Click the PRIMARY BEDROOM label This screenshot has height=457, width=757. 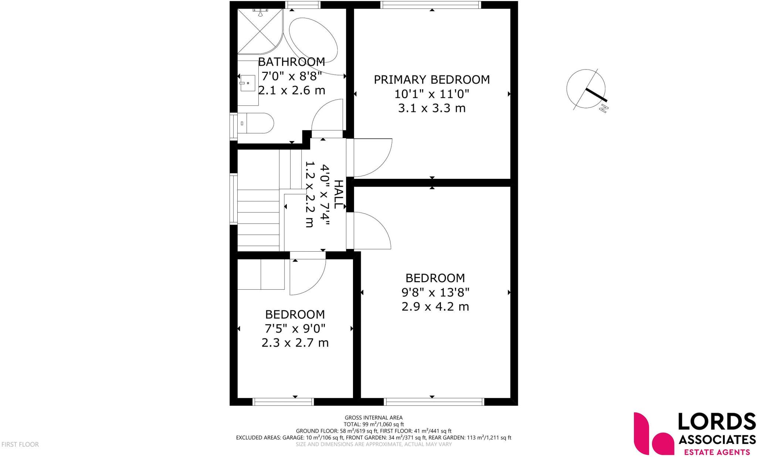[431, 80]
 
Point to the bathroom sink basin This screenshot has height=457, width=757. [247, 83]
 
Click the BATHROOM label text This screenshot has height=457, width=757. [291, 62]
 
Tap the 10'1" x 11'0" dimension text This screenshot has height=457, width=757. [431, 94]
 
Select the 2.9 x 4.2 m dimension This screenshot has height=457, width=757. [435, 307]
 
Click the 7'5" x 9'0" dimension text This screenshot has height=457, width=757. [295, 328]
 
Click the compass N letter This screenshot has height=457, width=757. [604, 109]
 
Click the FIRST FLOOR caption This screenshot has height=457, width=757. [20, 444]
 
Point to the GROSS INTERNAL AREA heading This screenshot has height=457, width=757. [373, 418]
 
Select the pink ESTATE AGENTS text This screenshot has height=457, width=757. [717, 451]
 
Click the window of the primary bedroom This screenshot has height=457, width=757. [431, 4]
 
